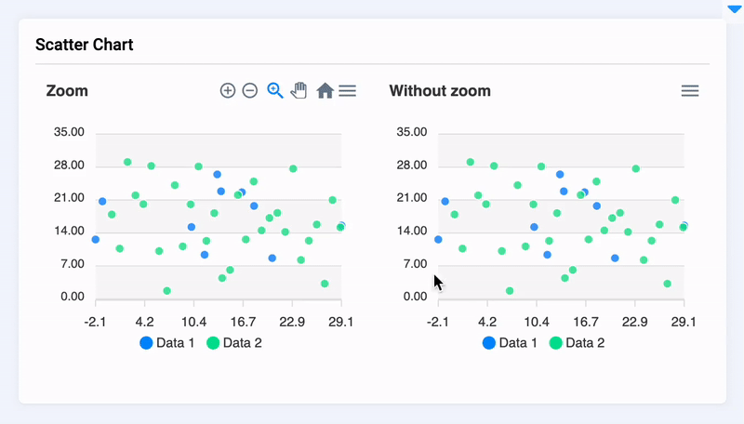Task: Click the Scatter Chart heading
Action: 84,45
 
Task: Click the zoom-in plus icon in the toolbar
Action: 228,90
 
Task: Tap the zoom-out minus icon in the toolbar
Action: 250,90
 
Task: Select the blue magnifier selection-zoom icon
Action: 275,90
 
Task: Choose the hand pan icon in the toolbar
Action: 299,90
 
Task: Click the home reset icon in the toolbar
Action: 325,90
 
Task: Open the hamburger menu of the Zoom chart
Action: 347,90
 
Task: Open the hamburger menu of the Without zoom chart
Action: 690,90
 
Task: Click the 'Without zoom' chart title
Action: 440,91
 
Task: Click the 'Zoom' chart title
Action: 67,91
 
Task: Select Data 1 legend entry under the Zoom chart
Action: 167,343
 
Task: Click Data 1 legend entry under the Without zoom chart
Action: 510,343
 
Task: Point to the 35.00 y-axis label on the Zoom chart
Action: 69,133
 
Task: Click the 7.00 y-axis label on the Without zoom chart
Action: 411,265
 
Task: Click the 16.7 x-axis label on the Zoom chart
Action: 243,321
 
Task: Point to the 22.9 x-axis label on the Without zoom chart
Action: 634,321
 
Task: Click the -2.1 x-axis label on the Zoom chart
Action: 95,321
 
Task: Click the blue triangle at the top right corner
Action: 735,8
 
